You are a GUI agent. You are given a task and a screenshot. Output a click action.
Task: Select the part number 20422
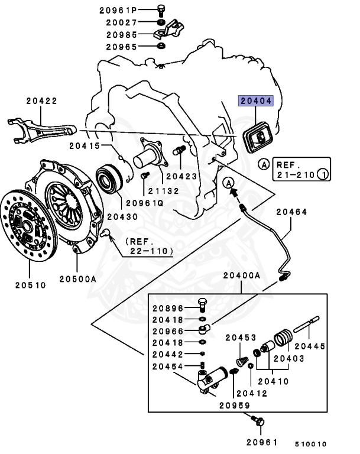click(x=42, y=100)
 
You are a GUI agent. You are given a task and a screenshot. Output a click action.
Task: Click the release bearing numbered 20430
click(x=111, y=177)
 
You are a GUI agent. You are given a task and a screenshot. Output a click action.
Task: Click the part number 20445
click(x=309, y=346)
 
